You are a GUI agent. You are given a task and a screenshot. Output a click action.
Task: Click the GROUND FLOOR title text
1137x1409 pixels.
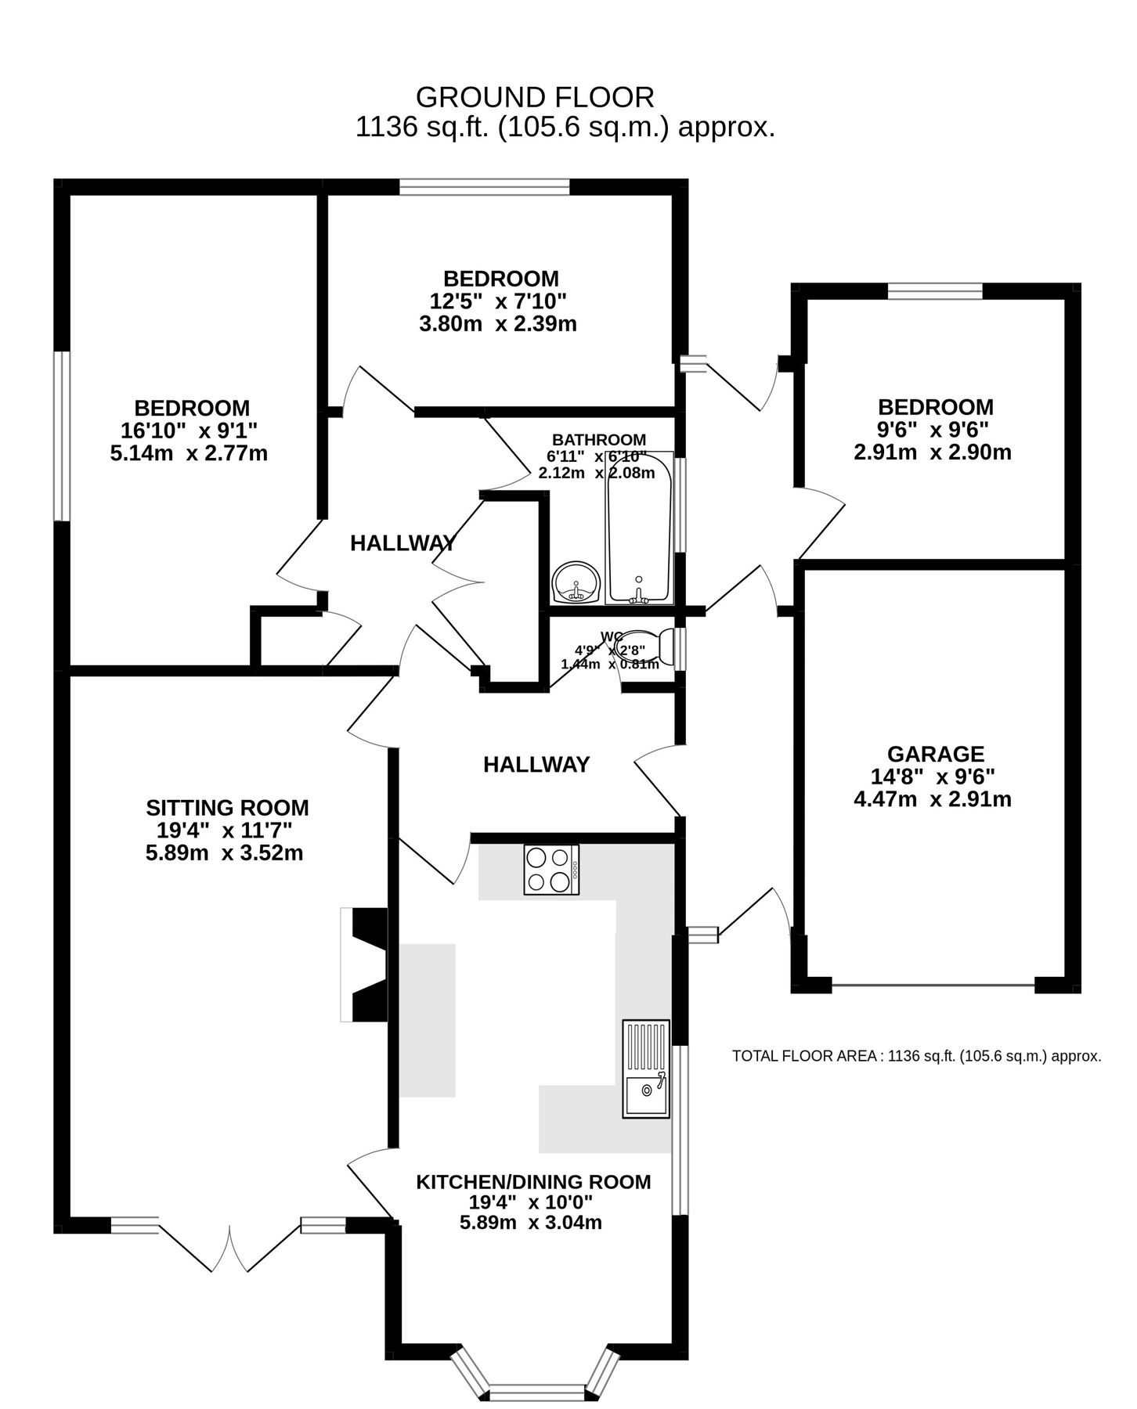tap(534, 97)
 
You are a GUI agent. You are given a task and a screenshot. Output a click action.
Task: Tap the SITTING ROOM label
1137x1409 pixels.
tap(227, 807)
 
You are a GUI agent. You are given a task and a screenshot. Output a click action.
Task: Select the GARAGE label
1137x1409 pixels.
tap(935, 754)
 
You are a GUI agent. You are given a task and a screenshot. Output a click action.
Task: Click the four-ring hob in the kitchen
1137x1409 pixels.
tap(551, 870)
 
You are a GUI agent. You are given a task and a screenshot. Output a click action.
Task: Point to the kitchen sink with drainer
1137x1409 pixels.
tap(646, 1068)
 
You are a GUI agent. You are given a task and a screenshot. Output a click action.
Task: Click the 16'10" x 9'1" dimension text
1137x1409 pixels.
tap(189, 430)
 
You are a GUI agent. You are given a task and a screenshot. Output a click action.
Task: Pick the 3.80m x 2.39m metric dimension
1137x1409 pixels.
tap(498, 323)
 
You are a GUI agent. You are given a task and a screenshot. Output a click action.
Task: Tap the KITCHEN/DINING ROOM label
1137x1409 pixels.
tap(532, 1181)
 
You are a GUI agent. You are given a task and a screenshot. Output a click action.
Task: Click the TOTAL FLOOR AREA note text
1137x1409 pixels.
tap(916, 1056)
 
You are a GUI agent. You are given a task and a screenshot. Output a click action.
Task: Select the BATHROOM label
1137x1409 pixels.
tap(599, 440)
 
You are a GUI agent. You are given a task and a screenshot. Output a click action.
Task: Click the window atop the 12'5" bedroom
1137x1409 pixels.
tap(485, 186)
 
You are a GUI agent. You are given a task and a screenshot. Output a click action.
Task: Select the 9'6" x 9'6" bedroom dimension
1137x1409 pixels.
tap(934, 429)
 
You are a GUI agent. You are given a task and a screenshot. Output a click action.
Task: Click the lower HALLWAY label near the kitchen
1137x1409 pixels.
tap(536, 765)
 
